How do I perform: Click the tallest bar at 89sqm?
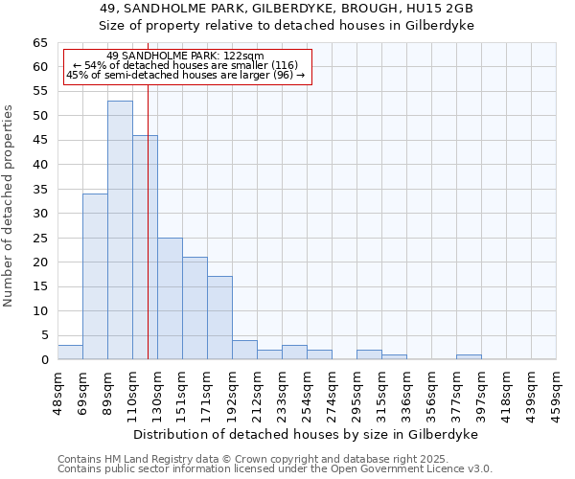pos(120,230)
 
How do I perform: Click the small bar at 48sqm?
pos(70,352)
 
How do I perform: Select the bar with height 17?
pos(219,317)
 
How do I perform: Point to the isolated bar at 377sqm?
pos(469,357)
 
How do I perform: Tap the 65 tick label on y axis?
pos(40,43)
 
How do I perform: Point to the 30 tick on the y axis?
pos(40,214)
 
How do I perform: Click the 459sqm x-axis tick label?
pos(557,393)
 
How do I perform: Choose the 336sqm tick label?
pos(407,393)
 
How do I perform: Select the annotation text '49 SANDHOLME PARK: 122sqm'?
pos(185,57)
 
